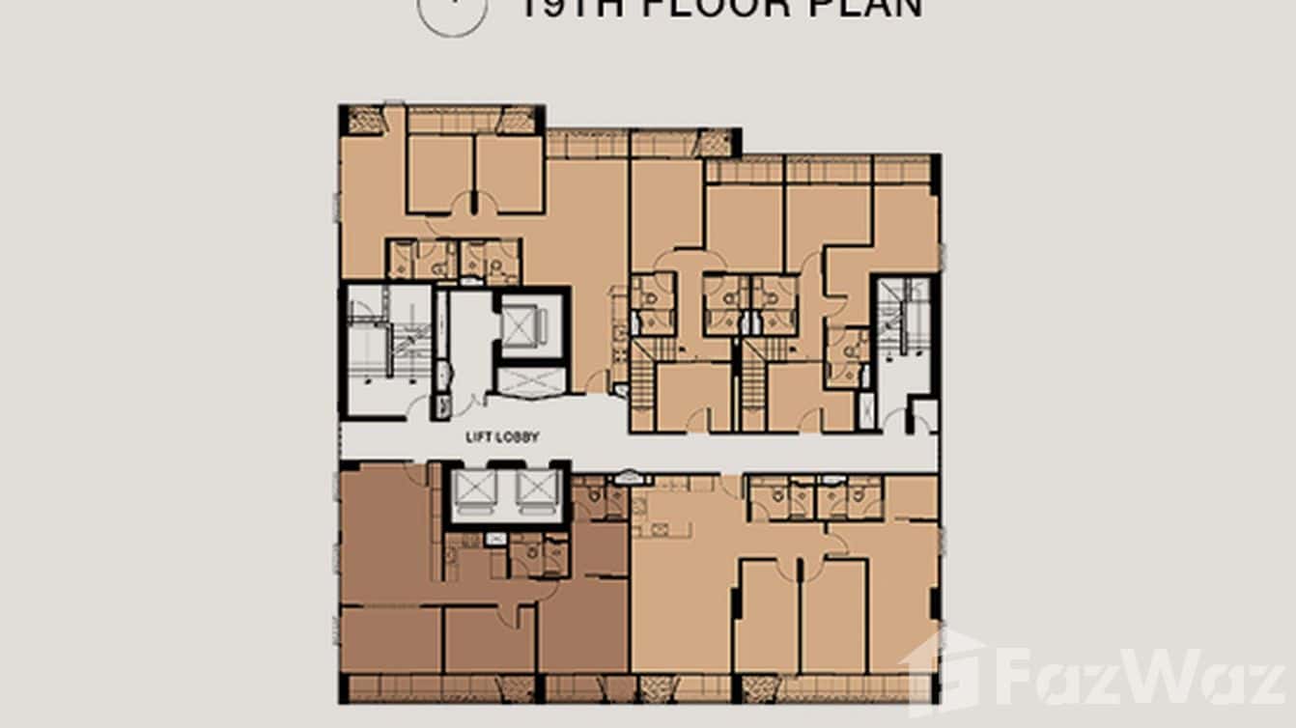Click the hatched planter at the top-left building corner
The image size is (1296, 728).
(x=365, y=120)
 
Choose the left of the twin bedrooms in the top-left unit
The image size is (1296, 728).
(x=439, y=174)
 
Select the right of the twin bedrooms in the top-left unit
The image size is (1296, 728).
(x=510, y=174)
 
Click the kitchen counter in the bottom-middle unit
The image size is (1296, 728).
(x=662, y=528)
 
